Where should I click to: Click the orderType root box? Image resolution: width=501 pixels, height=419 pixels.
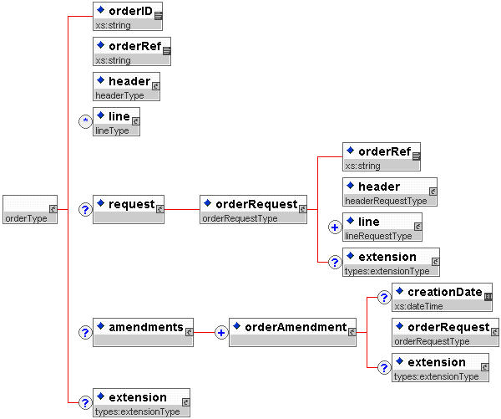[30, 210]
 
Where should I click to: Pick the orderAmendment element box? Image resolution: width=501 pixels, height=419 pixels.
[293, 332]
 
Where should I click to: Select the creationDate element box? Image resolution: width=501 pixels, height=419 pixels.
[443, 297]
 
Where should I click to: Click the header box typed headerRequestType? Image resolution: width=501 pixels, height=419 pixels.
[389, 192]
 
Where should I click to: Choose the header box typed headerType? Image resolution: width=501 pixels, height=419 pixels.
[125, 86]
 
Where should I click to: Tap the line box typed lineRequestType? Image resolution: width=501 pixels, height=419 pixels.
[382, 227]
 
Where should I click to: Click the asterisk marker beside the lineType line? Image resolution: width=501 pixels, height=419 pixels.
[84, 122]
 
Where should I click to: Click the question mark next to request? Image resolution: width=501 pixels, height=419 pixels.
[84, 209]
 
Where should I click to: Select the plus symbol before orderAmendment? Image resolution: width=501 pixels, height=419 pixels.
[221, 332]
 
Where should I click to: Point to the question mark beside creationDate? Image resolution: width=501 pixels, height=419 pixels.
[381, 298]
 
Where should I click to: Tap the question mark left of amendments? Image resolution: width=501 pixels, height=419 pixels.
[84, 332]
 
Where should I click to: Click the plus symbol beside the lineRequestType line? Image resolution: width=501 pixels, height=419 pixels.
[334, 227]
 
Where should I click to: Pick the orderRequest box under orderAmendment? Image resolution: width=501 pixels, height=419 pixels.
[445, 332]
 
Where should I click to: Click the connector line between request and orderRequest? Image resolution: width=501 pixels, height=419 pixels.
[182, 209]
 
